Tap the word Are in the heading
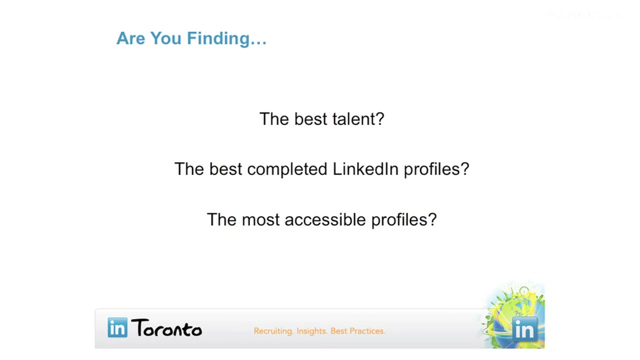pyautogui.click(x=130, y=38)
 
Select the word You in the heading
pyautogui.click(x=165, y=38)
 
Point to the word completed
pyautogui.click(x=287, y=169)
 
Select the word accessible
pyautogui.click(x=325, y=219)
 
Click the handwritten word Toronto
pyautogui.click(x=166, y=328)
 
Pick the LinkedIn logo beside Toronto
pyautogui.click(x=117, y=327)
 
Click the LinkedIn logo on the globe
pyautogui.click(x=525, y=329)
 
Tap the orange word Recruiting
pyautogui.click(x=273, y=331)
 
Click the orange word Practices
pyautogui.click(x=367, y=331)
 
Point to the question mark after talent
pyautogui.click(x=378, y=118)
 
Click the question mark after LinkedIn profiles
pyautogui.click(x=464, y=168)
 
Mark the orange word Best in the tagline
pyautogui.click(x=338, y=331)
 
